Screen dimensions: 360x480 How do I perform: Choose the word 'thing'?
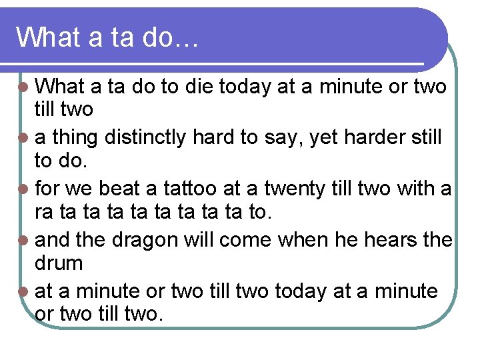click(x=74, y=137)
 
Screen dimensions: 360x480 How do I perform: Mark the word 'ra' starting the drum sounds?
click(x=44, y=213)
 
